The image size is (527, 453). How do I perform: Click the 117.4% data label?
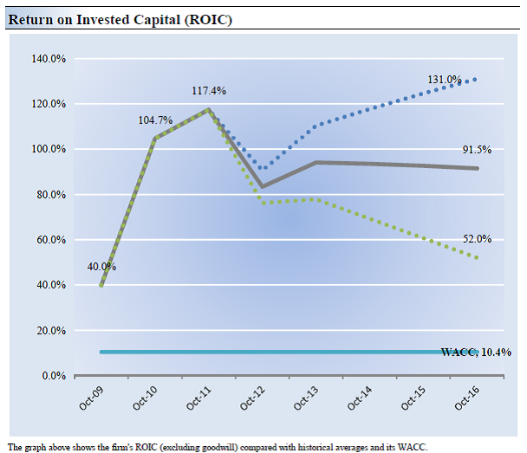point(210,90)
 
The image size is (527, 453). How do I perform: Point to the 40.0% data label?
point(101,267)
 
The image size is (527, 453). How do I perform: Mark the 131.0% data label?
point(444,80)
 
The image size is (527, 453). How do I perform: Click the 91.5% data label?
point(476,150)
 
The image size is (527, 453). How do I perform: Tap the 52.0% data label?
point(476,239)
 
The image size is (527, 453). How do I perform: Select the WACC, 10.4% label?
point(476,353)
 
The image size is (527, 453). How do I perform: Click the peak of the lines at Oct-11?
point(208,110)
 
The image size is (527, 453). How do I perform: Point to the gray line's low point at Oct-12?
point(262,186)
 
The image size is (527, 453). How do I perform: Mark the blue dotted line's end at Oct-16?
point(476,79)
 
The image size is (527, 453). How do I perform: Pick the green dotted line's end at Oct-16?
point(476,258)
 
